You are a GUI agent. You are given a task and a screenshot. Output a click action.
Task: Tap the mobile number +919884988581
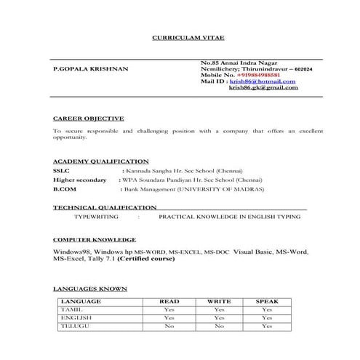(258, 75)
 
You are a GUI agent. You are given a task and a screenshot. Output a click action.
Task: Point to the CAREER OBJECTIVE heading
(89, 117)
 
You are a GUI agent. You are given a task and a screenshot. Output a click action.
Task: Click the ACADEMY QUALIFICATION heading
(101, 161)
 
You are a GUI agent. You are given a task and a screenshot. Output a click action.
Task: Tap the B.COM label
(64, 188)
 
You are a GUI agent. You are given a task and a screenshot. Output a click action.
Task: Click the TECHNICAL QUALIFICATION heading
(105, 207)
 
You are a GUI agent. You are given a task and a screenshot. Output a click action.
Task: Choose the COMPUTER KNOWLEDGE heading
(95, 239)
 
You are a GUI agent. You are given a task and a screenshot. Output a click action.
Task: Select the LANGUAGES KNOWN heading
(90, 289)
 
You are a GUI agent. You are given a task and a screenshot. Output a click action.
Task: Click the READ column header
(169, 301)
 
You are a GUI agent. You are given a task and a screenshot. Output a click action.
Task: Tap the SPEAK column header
(267, 301)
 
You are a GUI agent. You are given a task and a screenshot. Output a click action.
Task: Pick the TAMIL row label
(72, 310)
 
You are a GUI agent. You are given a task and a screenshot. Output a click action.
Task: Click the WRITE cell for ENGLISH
(219, 318)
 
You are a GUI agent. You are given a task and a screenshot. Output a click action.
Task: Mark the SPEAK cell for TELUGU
(267, 327)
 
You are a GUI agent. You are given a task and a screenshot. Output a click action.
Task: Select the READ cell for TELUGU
(169, 327)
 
